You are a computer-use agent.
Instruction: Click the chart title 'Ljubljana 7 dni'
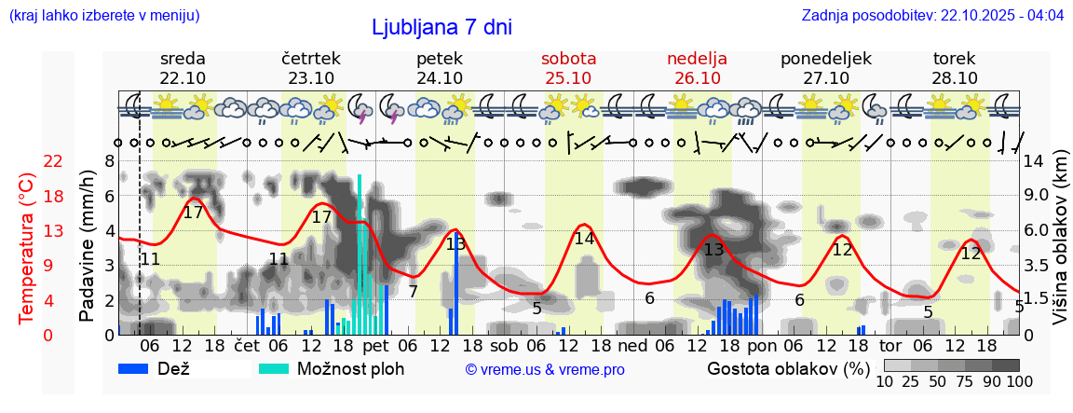[441, 27]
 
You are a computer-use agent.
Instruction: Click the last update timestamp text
[932, 16]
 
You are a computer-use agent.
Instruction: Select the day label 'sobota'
[568, 58]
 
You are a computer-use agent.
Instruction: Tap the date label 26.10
[697, 78]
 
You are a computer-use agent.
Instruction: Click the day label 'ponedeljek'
[825, 58]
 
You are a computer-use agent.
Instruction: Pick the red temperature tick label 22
[54, 161]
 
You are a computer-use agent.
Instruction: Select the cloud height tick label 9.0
[1037, 196]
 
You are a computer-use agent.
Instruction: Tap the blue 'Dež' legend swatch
[134, 368]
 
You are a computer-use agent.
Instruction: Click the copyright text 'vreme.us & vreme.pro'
[545, 370]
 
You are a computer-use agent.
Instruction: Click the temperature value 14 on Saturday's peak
[584, 238]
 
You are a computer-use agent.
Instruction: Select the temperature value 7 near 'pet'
[413, 291]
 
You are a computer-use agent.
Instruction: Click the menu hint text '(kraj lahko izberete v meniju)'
[103, 16]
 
